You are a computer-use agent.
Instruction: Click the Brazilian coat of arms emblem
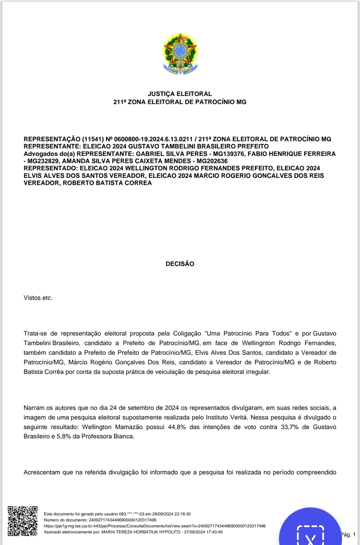pos(180,54)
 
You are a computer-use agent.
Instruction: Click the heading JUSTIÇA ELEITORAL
pos(180,94)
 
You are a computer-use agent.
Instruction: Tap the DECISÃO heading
pos(180,264)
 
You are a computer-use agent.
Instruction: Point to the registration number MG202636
pos(212,161)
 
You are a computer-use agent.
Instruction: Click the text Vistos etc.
pos(38,298)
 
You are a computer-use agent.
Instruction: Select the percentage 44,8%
pos(177,427)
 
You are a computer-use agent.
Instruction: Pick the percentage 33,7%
pos(289,427)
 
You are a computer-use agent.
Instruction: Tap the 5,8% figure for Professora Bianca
pos(64,436)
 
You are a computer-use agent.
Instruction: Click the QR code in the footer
pos(23,521)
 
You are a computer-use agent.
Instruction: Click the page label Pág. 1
pos(348,534)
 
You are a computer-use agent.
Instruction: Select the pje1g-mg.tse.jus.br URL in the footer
pos(155,526)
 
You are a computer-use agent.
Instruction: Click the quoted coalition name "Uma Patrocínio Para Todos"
pos(248,333)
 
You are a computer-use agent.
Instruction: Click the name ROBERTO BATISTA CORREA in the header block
pos(107,183)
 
